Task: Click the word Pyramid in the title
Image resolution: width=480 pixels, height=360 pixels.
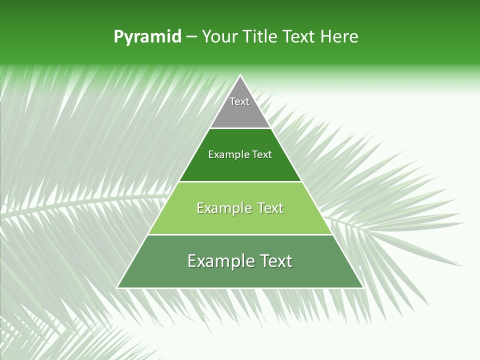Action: (x=147, y=37)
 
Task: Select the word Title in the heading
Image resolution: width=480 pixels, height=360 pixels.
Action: (x=260, y=37)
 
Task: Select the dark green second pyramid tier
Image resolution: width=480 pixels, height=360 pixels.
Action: (x=240, y=167)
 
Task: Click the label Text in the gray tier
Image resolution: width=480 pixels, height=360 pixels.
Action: (x=239, y=101)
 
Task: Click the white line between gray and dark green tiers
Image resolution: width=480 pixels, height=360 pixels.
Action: (x=240, y=128)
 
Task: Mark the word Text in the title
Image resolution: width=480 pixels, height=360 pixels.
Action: (x=299, y=37)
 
